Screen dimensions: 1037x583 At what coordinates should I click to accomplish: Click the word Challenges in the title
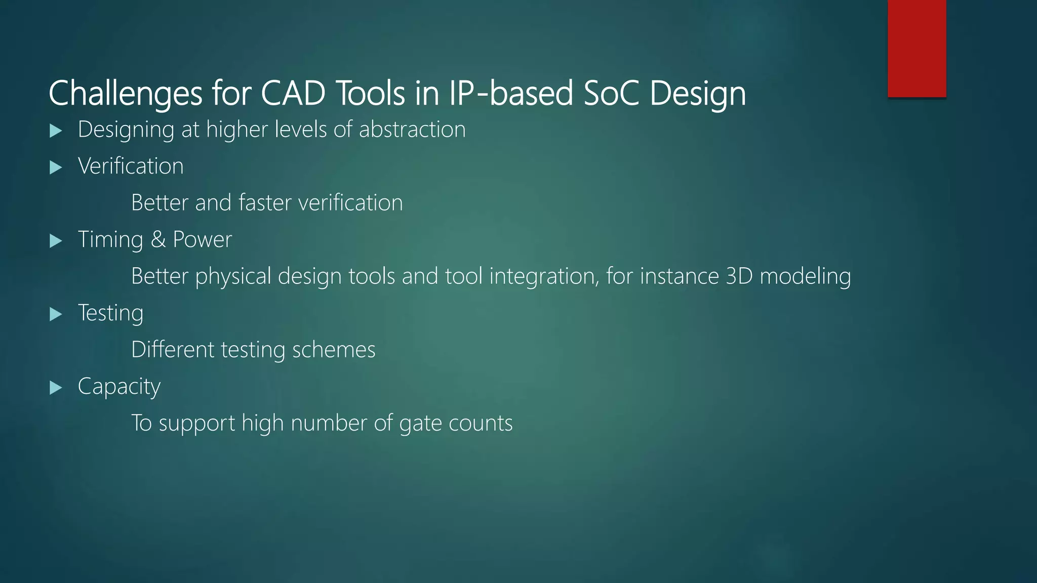pos(126,94)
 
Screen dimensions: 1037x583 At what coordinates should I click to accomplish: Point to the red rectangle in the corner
pos(916,48)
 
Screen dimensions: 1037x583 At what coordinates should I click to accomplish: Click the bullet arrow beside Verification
pos(56,168)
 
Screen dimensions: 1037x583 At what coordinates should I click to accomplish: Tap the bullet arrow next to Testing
pos(56,314)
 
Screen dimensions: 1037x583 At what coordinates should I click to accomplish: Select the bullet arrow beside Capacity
pos(56,388)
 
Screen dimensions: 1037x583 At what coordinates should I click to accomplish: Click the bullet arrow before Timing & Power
pos(56,241)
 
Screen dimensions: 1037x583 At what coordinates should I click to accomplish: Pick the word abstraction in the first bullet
pos(412,130)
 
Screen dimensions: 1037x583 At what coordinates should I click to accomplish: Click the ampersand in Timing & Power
pos(158,239)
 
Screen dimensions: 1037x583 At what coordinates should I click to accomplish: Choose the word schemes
pos(334,350)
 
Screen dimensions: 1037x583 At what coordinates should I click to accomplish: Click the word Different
pos(173,350)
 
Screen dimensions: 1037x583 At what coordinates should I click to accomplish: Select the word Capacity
pos(119,387)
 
